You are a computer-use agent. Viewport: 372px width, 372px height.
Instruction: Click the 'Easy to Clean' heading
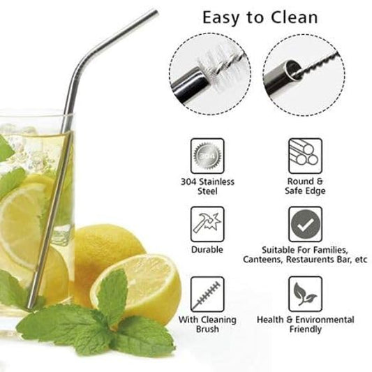click(x=260, y=17)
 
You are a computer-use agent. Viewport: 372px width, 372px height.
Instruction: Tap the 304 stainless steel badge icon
click(x=207, y=155)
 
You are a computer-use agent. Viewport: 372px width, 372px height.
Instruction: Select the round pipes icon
click(x=305, y=155)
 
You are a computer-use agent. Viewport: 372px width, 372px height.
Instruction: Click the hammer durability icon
click(x=207, y=224)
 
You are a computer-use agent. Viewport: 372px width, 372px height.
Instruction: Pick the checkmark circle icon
click(x=305, y=224)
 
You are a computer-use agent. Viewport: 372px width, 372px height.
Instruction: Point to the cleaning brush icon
click(x=207, y=293)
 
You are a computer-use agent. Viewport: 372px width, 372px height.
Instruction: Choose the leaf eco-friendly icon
click(x=305, y=293)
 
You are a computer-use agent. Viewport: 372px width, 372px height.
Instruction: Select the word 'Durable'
click(x=207, y=249)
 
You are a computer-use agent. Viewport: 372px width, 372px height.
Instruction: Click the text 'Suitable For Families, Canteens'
click(x=305, y=254)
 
